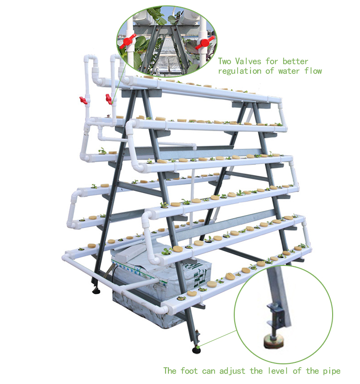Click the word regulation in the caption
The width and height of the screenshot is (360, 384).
click(x=240, y=71)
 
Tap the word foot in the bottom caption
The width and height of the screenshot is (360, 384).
click(x=189, y=371)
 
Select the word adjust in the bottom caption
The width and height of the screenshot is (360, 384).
click(x=232, y=371)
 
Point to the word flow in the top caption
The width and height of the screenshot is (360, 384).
click(x=313, y=71)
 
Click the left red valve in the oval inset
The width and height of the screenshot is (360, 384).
click(x=127, y=41)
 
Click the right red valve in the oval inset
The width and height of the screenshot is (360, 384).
click(x=205, y=42)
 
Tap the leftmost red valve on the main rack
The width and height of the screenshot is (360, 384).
click(x=84, y=100)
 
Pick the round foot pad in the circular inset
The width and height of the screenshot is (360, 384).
click(x=273, y=341)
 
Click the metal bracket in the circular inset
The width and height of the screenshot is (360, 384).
click(x=277, y=314)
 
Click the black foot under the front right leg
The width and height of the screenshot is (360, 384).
click(x=196, y=349)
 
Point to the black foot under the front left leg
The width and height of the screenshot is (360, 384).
click(x=96, y=291)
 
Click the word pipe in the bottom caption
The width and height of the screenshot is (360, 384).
click(x=331, y=371)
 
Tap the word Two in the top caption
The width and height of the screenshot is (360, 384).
click(x=225, y=61)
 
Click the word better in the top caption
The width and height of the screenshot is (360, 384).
click(x=295, y=61)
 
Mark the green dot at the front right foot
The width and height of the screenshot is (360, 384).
click(x=197, y=346)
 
